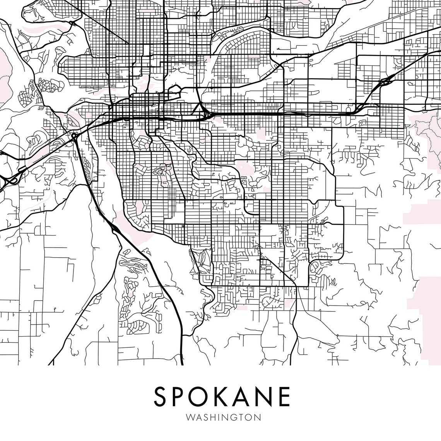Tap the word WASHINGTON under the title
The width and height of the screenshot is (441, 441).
[x=223, y=417]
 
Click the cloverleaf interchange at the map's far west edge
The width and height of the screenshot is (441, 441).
[x=10, y=179]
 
